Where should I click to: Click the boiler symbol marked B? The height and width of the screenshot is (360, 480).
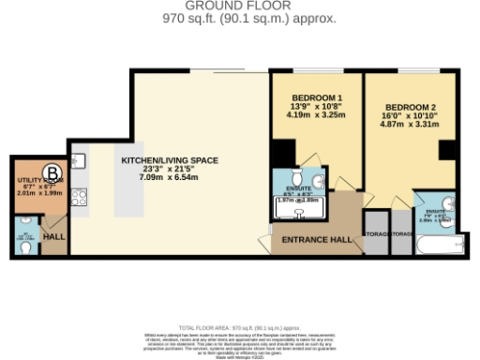(53, 172)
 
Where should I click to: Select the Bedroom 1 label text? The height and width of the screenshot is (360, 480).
(314, 98)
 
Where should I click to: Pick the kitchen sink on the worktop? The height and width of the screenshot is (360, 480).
(80, 160)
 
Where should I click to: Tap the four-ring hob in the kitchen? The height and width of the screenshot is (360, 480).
(80, 197)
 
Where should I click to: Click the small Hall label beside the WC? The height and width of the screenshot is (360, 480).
(53, 237)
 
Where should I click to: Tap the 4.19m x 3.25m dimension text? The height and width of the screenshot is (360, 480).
(314, 114)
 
